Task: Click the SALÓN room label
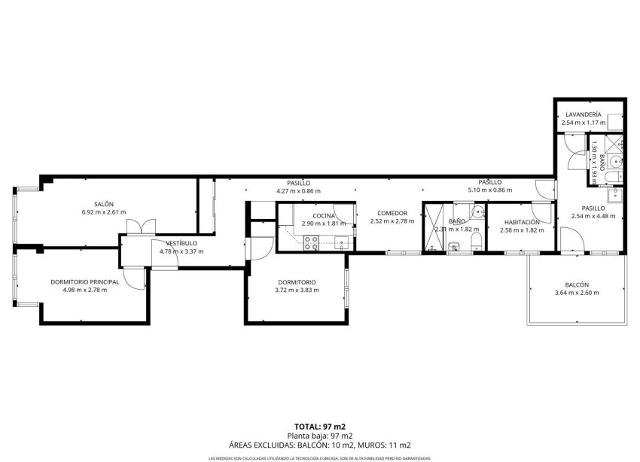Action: coord(103,204)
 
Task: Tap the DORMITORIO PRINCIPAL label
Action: coord(84,281)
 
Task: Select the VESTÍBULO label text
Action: coord(181,243)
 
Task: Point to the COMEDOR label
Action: coord(392,213)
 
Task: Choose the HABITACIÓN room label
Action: coord(522,222)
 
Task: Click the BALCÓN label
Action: coord(577,284)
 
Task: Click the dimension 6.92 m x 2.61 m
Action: coord(103,212)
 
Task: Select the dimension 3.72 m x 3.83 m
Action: coord(296,290)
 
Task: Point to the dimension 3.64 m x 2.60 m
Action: coord(577,293)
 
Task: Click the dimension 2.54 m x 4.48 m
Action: coord(593,216)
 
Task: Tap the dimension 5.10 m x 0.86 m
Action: coord(489,190)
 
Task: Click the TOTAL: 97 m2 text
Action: coord(320,426)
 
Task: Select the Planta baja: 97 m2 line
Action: coord(320,436)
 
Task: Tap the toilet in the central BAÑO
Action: coord(477,240)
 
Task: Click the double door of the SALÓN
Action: coord(141,226)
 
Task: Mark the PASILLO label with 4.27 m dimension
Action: coord(298,183)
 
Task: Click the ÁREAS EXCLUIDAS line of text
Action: coord(320,445)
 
